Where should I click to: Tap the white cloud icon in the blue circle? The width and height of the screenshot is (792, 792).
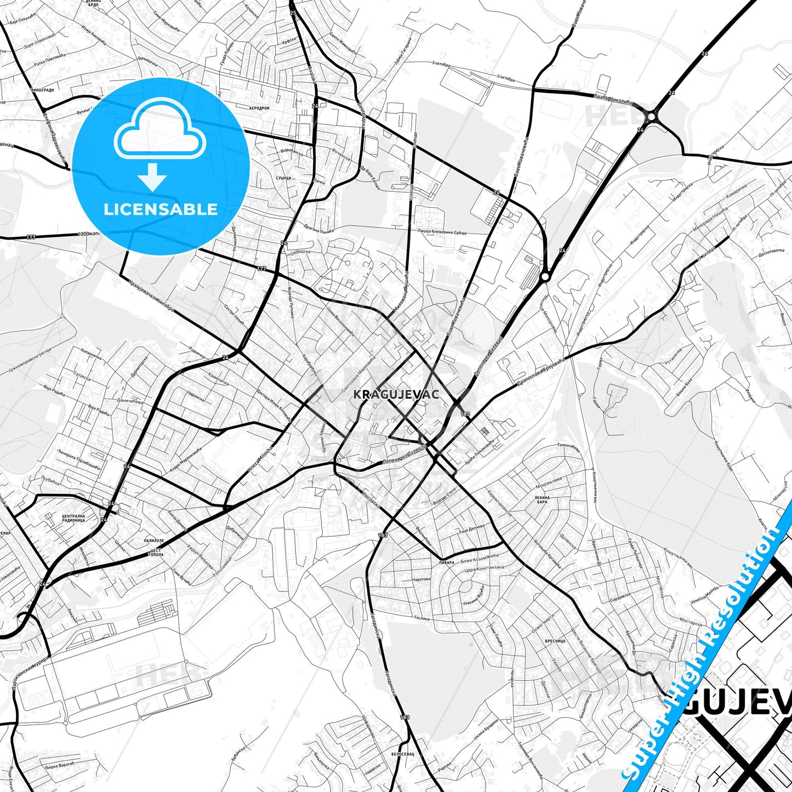[160, 132]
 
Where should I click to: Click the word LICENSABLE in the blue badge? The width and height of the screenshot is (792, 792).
[161, 209]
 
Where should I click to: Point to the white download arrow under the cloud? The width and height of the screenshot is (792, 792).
[152, 176]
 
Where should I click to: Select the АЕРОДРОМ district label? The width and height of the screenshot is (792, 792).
[259, 109]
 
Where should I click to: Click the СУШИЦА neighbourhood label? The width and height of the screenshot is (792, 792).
[283, 179]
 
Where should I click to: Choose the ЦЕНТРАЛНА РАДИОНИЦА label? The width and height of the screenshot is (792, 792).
[73, 518]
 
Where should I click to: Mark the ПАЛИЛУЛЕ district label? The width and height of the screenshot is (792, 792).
[154, 540]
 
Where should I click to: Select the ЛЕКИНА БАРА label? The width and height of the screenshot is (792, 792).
[542, 499]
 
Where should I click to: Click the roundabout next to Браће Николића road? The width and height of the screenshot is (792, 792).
[652, 116]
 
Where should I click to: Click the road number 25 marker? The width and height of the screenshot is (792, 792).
[292, 12]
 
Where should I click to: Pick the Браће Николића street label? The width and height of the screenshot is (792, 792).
[613, 99]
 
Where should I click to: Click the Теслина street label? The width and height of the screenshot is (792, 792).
[421, 618]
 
